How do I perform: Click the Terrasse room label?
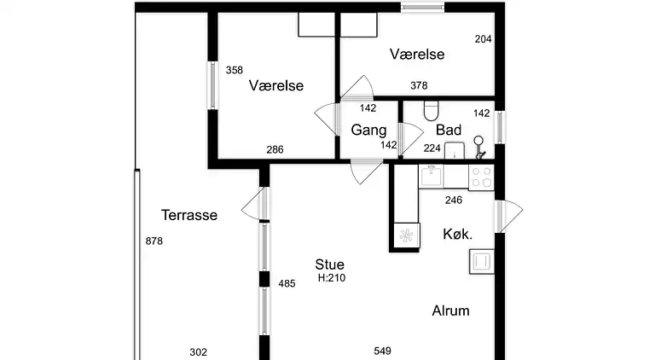189,215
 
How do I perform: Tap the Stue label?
329,264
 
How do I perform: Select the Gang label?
368,131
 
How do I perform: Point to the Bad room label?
449,130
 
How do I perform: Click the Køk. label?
458,234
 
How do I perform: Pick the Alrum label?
450,311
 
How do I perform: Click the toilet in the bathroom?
431,111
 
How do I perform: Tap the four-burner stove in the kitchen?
481,177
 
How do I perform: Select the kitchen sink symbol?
431,177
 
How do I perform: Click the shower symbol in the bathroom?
479,147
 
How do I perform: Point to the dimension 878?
154,241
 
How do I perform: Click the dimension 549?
382,351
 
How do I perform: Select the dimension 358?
235,70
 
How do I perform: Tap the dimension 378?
419,85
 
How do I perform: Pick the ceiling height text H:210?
332,278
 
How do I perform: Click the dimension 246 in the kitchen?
454,200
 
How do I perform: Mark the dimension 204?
484,39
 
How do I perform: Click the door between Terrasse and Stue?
256,203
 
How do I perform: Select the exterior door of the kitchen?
508,216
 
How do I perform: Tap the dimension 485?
287,284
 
